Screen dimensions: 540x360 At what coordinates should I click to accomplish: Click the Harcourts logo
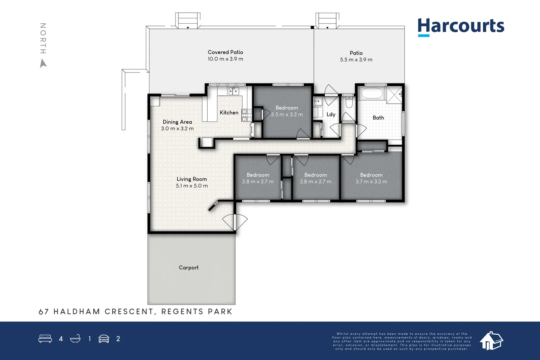pos(461,27)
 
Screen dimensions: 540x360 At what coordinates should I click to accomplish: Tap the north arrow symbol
pos(43,63)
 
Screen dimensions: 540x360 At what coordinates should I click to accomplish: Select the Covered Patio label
pos(225,52)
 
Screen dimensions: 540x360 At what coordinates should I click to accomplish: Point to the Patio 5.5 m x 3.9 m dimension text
pos(356,59)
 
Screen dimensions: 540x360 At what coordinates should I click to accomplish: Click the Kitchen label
pos(229,113)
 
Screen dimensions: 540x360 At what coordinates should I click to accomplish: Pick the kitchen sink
pos(234,91)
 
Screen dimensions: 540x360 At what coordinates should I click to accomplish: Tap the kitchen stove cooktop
pos(247,115)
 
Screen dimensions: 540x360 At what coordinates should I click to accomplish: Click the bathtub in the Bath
pos(372,93)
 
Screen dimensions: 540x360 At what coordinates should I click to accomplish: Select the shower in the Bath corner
pos(395,95)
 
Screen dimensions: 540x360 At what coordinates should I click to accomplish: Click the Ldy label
pos(331,114)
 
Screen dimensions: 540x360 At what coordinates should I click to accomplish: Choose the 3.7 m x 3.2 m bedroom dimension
pos(371,182)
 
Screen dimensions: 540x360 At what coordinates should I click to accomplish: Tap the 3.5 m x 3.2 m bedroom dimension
pos(287,114)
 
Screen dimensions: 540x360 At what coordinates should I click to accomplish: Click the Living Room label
pos(192,179)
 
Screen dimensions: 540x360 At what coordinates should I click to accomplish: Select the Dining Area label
pos(177,122)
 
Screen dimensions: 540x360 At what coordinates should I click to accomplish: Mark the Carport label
pos(189,268)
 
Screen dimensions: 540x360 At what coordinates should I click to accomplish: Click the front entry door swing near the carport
pos(235,222)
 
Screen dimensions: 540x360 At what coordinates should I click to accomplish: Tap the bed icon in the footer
pos(45,338)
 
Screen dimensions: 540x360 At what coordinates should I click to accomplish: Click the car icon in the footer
pos(104,338)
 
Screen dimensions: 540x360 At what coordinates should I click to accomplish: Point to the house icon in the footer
pos(491,341)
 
